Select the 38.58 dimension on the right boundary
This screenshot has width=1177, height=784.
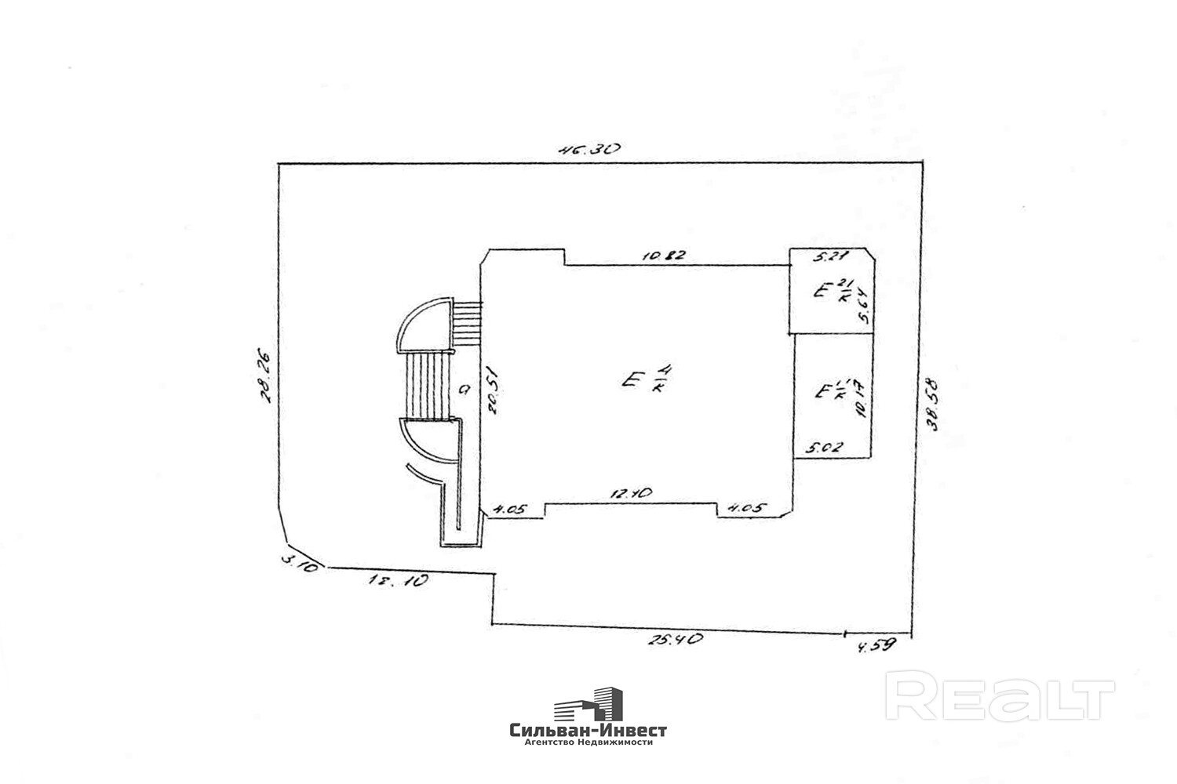tap(933, 405)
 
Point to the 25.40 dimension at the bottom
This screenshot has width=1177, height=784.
tap(674, 639)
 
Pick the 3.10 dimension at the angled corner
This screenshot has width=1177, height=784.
tap(299, 562)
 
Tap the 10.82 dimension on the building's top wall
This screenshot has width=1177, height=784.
tap(665, 256)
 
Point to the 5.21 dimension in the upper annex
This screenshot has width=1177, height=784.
tap(828, 256)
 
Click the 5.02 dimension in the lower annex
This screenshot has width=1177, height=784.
tap(824, 448)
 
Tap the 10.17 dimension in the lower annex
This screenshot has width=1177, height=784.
tap(862, 399)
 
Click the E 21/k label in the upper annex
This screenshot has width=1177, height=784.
tap(832, 291)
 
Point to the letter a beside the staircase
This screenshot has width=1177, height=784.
tap(465, 388)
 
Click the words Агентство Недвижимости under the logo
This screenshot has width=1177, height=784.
tap(588, 742)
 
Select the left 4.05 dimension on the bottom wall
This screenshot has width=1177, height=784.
tap(508, 509)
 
